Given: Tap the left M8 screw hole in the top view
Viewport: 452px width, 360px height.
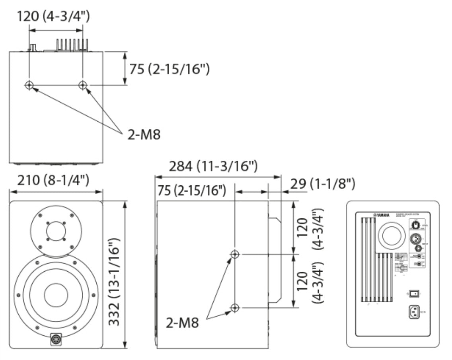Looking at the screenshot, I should point(29,85).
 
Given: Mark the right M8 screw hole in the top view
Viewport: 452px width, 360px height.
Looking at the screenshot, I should point(83,85).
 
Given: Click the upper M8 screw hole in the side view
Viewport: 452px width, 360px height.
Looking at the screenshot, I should point(235,254).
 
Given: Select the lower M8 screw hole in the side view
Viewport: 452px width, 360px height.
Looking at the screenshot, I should point(235,307).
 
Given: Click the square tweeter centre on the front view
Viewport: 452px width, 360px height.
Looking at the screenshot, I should point(56,231).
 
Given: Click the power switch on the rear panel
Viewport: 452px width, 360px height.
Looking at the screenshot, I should point(415,294).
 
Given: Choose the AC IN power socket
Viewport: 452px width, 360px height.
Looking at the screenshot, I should point(415,311).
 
